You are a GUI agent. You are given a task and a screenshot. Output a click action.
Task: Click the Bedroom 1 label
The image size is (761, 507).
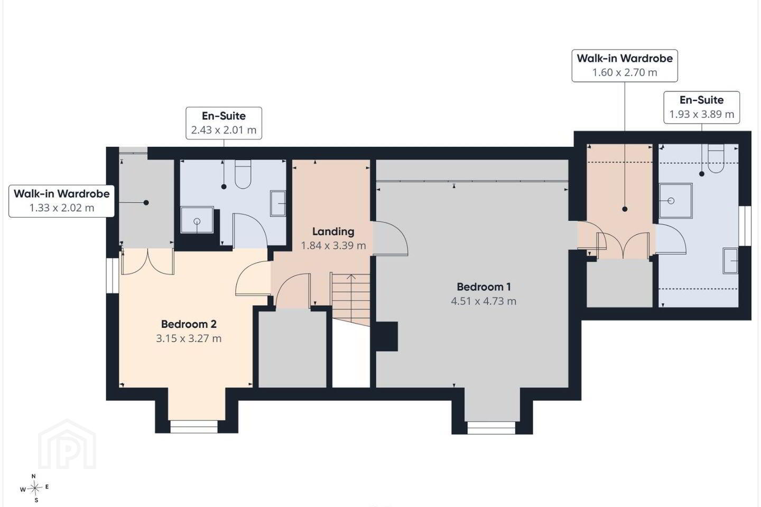484,287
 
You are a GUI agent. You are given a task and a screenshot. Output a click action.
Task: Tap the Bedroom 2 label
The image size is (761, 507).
189,324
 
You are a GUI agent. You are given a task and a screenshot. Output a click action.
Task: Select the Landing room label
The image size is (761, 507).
333,232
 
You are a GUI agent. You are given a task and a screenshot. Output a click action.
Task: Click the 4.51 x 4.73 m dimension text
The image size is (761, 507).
484,301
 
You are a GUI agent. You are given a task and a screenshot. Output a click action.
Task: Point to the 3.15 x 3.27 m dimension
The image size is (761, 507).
189,339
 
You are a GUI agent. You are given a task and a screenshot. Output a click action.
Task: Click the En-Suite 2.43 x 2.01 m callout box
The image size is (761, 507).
224,123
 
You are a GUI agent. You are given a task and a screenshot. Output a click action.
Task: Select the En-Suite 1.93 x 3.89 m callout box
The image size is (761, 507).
702,107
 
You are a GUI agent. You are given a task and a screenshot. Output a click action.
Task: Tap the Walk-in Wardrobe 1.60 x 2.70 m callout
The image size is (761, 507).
625,65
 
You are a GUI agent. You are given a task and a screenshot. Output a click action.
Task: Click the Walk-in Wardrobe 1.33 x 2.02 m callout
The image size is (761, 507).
61,201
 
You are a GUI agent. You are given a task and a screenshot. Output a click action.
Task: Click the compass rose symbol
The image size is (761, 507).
34,489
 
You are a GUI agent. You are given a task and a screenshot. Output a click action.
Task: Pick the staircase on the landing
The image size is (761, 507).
350,299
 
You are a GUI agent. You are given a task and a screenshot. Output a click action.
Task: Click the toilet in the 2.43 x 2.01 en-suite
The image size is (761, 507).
243,174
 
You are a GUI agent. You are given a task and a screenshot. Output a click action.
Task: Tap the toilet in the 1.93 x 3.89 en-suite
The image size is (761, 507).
716,158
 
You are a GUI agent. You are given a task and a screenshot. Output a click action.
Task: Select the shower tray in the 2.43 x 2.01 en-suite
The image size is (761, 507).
197,220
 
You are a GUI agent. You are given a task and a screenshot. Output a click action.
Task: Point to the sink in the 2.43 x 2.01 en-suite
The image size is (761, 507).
278,203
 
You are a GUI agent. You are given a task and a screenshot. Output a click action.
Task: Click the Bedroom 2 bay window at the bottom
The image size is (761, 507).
193,427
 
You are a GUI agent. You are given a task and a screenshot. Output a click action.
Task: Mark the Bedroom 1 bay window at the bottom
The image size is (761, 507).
491,428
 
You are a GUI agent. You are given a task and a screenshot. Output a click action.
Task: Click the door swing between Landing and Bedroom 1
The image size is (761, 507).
390,238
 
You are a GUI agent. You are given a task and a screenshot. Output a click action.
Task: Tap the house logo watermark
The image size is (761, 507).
67,444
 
